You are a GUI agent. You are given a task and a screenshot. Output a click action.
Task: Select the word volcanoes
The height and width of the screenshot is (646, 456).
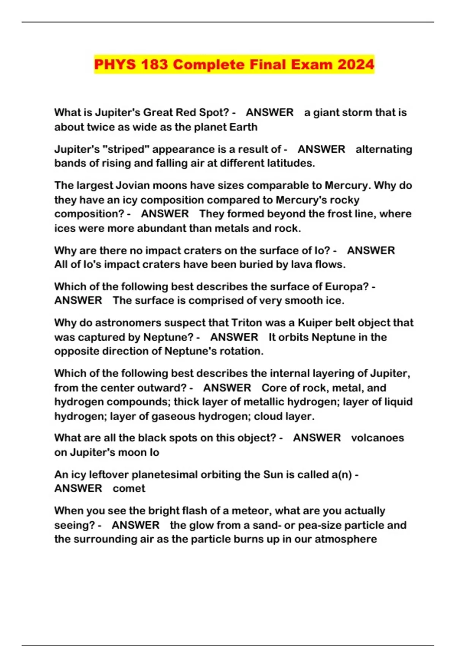point(377,438)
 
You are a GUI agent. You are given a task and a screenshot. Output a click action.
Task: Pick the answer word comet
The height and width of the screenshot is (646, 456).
point(129,489)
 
